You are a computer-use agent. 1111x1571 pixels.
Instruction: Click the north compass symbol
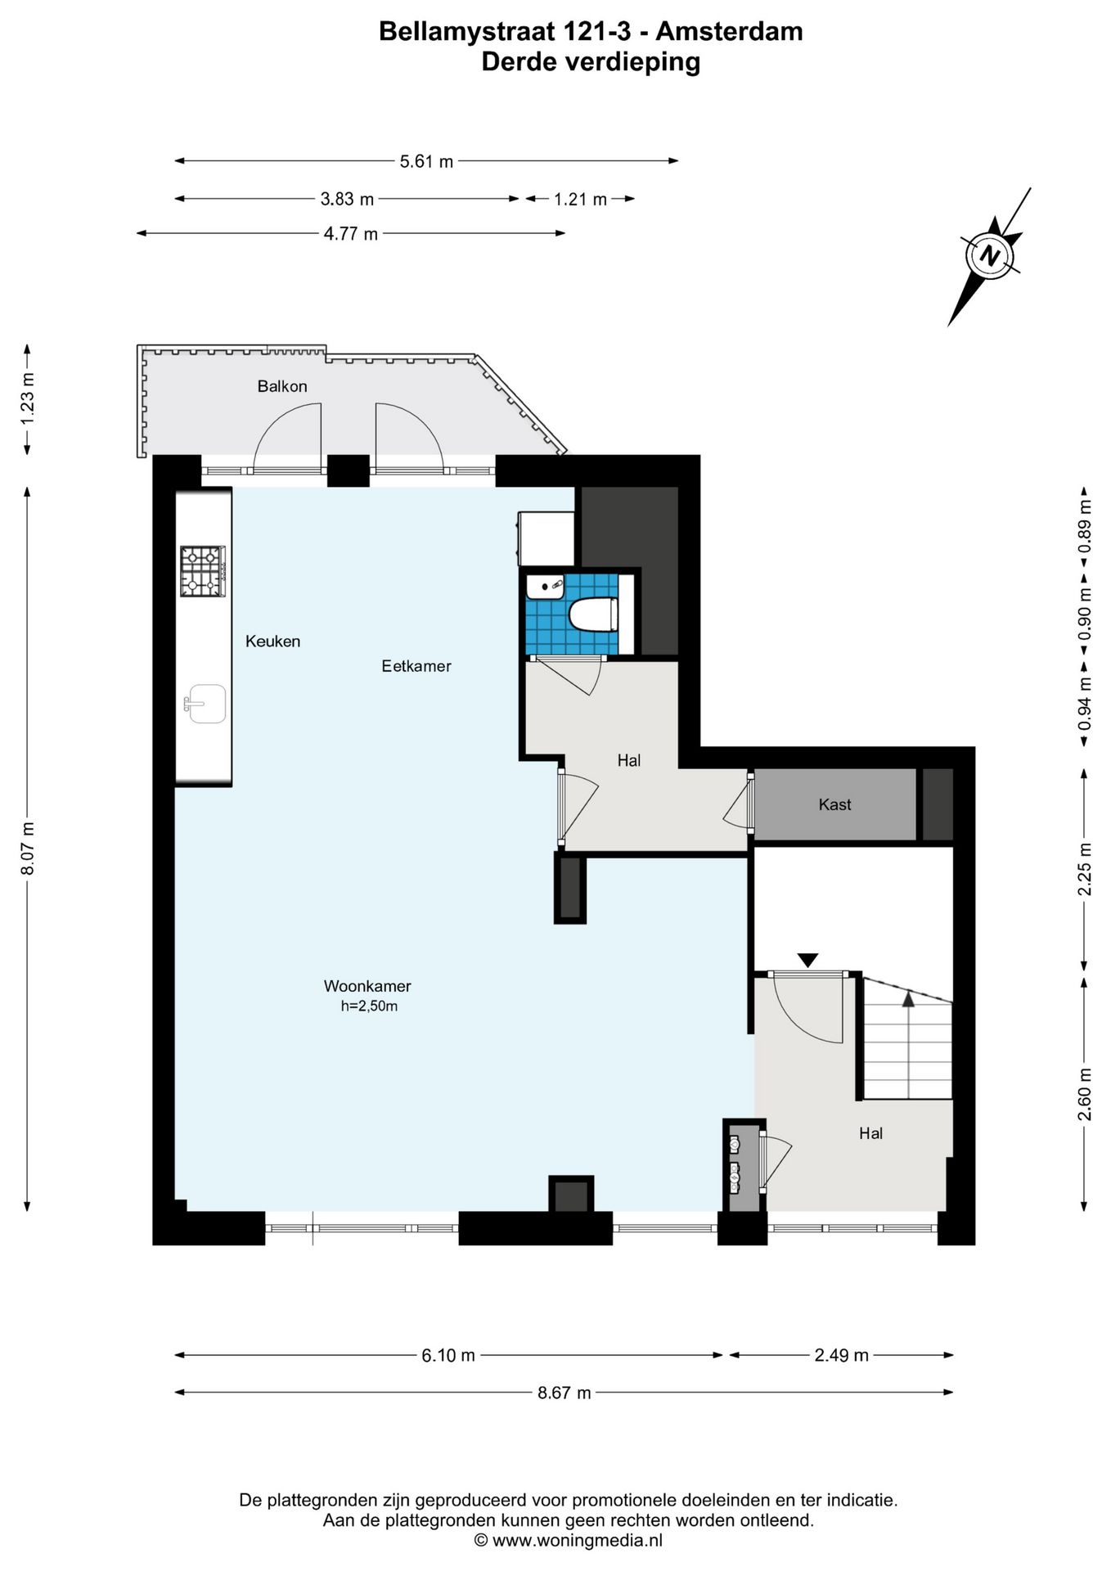tap(991, 255)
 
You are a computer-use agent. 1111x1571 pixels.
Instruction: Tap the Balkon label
tap(282, 386)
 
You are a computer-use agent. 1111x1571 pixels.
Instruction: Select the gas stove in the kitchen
tap(203, 570)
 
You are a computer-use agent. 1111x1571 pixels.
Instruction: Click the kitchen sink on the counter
tap(205, 704)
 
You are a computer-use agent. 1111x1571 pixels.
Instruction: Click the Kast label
tap(834, 804)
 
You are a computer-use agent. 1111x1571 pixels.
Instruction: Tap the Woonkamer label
tap(367, 986)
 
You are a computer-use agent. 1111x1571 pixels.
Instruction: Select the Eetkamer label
tap(416, 666)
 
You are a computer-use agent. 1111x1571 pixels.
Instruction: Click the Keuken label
tap(272, 641)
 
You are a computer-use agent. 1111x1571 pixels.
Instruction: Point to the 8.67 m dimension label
tap(564, 1393)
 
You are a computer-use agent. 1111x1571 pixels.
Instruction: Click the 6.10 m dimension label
tap(448, 1355)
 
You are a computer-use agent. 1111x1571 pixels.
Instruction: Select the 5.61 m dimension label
tap(426, 161)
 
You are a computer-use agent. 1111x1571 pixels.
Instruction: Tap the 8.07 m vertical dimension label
tap(28, 849)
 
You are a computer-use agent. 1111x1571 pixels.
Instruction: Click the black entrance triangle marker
tap(807, 960)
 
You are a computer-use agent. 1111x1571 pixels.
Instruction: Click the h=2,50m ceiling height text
tap(369, 1006)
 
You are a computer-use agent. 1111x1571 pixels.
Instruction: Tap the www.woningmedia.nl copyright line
tap(569, 1540)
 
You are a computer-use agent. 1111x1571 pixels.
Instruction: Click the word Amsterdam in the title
tap(729, 31)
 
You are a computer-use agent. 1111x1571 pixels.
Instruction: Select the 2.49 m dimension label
tap(841, 1355)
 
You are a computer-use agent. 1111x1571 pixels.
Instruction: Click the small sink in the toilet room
tap(545, 587)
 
